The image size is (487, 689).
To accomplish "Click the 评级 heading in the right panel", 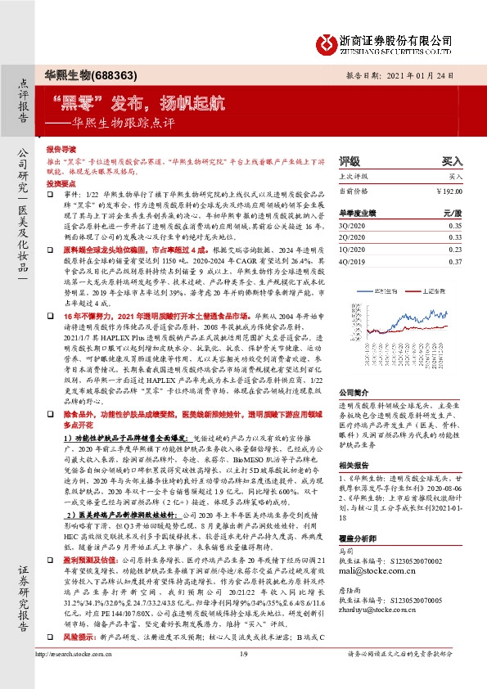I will tap(349, 162).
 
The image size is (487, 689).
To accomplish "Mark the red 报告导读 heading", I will tap(61, 151).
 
